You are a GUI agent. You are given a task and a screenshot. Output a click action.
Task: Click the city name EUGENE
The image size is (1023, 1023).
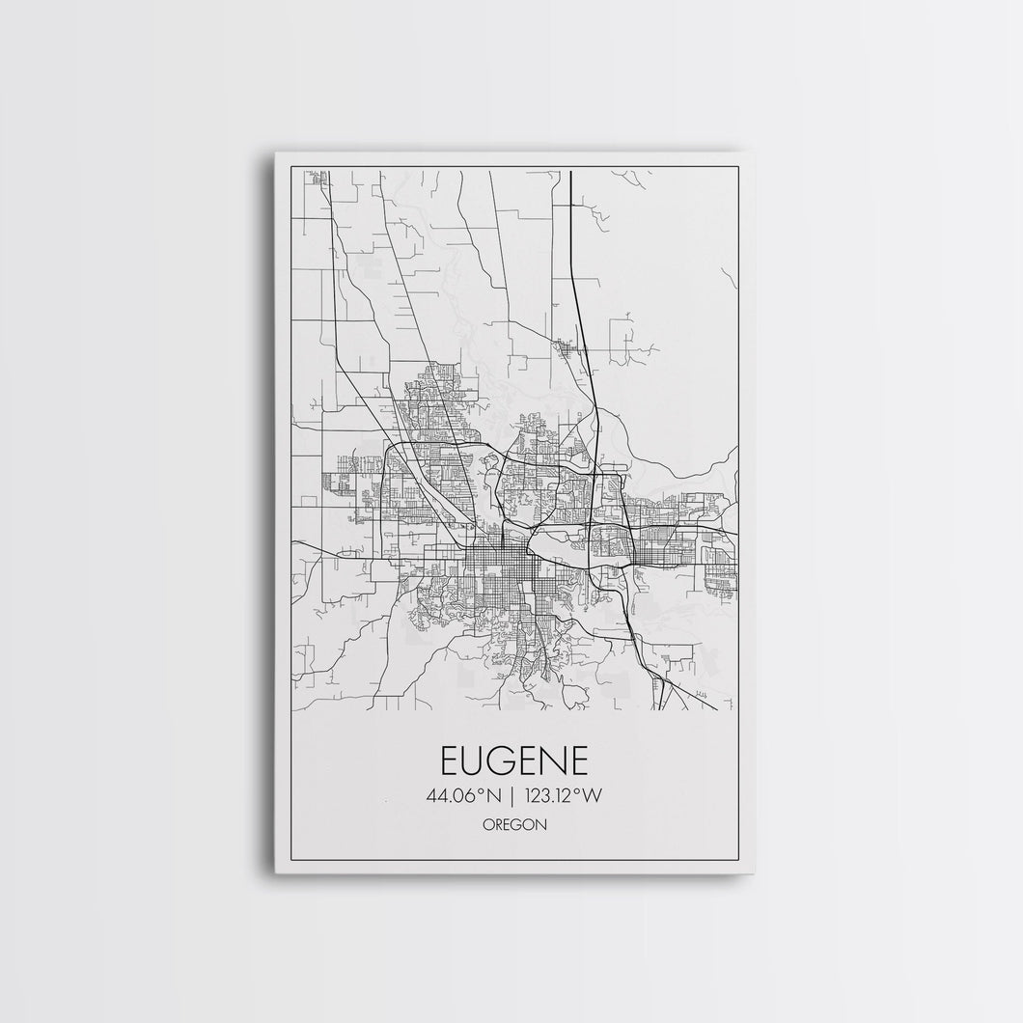coord(514,760)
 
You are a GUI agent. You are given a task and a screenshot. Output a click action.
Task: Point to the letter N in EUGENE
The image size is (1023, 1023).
coord(555,760)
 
